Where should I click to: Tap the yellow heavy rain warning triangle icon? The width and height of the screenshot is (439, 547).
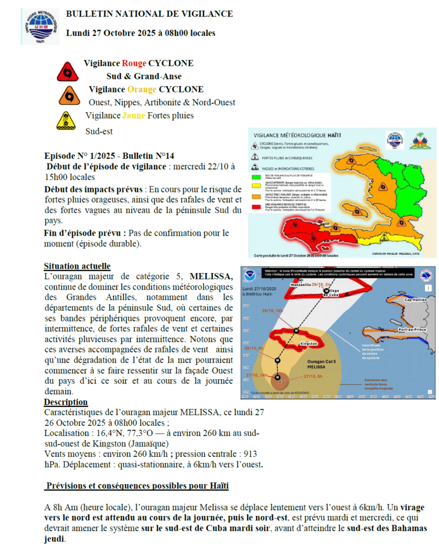pyautogui.click(x=66, y=121)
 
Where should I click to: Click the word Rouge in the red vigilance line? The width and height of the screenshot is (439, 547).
pyautogui.click(x=134, y=63)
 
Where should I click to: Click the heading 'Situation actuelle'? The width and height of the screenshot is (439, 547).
pyautogui.click(x=77, y=266)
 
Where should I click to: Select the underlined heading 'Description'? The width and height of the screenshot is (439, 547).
pyautogui.click(x=66, y=402)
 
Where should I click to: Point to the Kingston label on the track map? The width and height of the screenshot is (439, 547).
pyautogui.click(x=310, y=343)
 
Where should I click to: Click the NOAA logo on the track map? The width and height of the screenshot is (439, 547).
pyautogui.click(x=250, y=277)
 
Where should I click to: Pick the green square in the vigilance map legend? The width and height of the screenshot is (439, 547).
pyautogui.click(x=255, y=176)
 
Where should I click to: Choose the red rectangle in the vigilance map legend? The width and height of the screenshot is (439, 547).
pyautogui.click(x=255, y=207)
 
